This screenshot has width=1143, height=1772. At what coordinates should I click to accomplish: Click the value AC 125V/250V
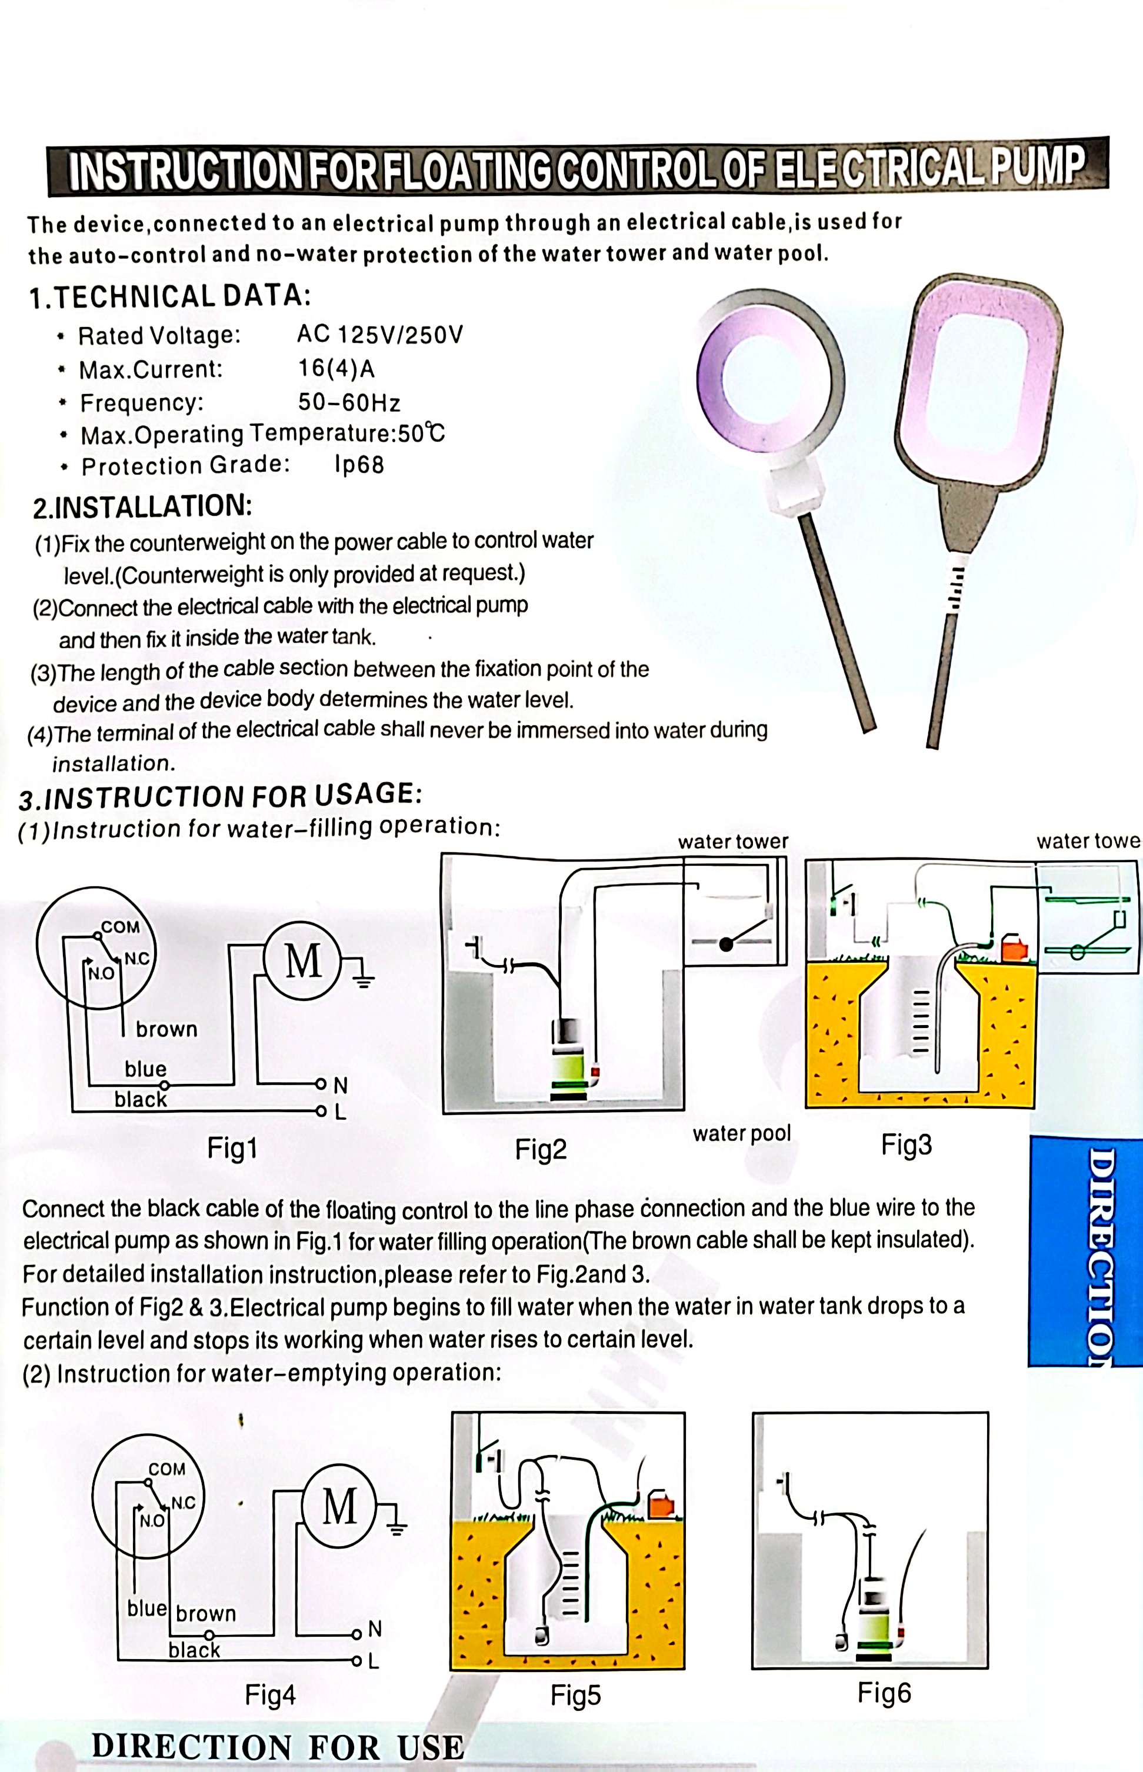(x=379, y=334)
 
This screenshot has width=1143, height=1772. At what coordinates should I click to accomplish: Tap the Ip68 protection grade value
(x=359, y=465)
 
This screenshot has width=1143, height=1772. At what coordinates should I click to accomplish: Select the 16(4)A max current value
(x=336, y=368)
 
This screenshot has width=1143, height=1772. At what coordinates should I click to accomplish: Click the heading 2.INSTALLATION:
(x=142, y=507)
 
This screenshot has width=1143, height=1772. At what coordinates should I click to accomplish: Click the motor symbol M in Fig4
(x=339, y=1506)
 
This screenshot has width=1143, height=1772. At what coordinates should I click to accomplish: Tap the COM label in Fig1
(x=120, y=927)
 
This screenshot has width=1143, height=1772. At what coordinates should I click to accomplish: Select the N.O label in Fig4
(x=152, y=1520)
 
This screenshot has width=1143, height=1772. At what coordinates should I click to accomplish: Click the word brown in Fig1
(x=166, y=1029)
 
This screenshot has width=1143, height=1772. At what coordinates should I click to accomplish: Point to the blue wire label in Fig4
(x=146, y=1607)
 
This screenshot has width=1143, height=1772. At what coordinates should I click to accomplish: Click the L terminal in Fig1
(x=340, y=1112)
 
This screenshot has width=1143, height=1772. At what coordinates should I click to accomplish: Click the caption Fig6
(x=883, y=1693)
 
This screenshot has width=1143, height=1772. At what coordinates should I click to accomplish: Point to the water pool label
(x=741, y=1133)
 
